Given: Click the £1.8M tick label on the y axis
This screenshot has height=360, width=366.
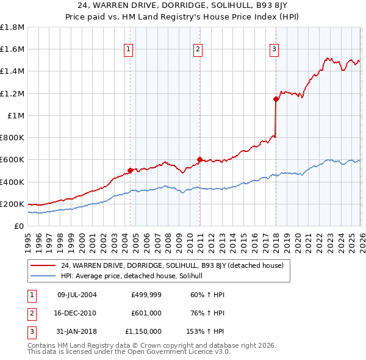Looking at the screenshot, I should (12, 27).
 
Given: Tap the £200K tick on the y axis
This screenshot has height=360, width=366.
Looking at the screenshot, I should (12, 204).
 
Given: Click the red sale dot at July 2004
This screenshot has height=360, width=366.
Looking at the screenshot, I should (130, 171).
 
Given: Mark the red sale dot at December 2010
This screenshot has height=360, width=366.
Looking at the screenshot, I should (199, 160).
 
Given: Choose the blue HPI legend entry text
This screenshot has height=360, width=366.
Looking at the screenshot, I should (135, 276).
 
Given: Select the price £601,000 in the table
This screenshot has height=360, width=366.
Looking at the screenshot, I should (146, 313).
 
